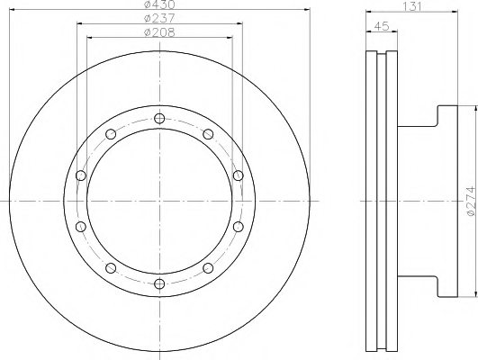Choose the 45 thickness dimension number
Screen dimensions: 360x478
(383, 25)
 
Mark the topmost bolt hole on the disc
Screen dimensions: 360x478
(159, 118)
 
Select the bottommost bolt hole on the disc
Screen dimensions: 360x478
(159, 284)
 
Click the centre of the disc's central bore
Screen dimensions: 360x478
(159, 202)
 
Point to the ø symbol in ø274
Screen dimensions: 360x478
(469, 214)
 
